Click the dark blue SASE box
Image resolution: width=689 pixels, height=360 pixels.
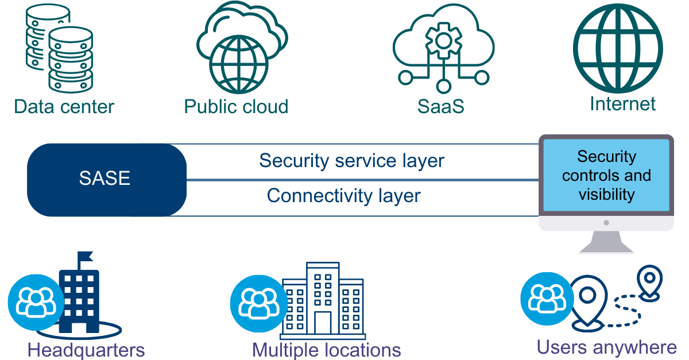point(106,179)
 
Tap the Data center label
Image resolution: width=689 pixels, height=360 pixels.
point(64,107)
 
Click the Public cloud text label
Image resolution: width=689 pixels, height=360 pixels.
point(236,107)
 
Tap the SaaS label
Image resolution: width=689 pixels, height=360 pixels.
point(441,107)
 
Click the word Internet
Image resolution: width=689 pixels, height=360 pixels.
point(622,104)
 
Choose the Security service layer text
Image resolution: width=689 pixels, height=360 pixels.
point(351,161)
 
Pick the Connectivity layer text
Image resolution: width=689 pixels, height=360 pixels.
point(343,196)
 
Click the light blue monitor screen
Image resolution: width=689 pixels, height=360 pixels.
point(606,175)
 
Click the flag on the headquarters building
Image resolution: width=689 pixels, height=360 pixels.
point(86,256)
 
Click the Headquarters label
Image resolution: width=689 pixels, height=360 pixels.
point(86,350)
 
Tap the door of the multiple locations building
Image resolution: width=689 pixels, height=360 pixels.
point(323,323)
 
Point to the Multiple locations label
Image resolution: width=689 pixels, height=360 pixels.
point(327,350)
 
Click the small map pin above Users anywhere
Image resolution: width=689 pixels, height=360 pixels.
point(650,280)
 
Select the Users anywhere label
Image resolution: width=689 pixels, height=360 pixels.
point(607,347)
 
